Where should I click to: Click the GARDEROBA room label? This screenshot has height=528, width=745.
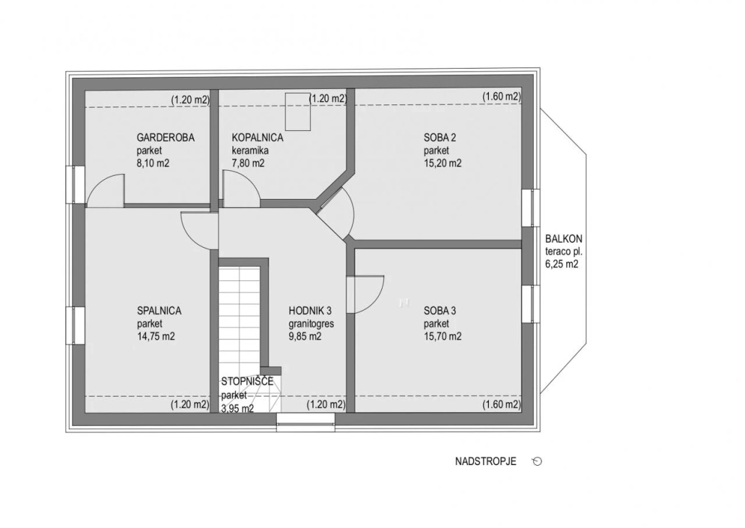tap(166, 138)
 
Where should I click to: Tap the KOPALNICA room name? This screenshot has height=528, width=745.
tap(257, 138)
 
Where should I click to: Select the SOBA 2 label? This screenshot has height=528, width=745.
tap(440, 138)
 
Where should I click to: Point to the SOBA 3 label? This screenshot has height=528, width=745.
tap(440, 311)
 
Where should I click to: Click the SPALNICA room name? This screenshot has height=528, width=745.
tap(159, 311)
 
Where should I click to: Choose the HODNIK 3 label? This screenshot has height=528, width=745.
tap(310, 311)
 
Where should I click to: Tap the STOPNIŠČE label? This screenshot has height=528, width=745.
tap(247, 382)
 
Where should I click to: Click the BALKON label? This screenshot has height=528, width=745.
tap(563, 239)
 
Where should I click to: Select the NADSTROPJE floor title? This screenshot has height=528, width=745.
tap(485, 461)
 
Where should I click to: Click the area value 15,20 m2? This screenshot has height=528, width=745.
tap(443, 164)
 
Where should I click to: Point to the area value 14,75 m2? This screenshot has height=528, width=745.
tap(156, 337)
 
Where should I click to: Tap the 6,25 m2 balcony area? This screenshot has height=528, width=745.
tap(561, 264)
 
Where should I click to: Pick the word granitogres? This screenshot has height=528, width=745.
tap(311, 324)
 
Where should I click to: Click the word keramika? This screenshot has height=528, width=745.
tap(250, 151)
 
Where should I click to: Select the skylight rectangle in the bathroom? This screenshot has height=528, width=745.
tap(297, 112)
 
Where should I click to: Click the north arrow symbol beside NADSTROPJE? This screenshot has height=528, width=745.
tap(537, 461)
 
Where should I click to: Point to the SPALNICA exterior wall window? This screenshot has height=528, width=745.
tap(75, 325)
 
